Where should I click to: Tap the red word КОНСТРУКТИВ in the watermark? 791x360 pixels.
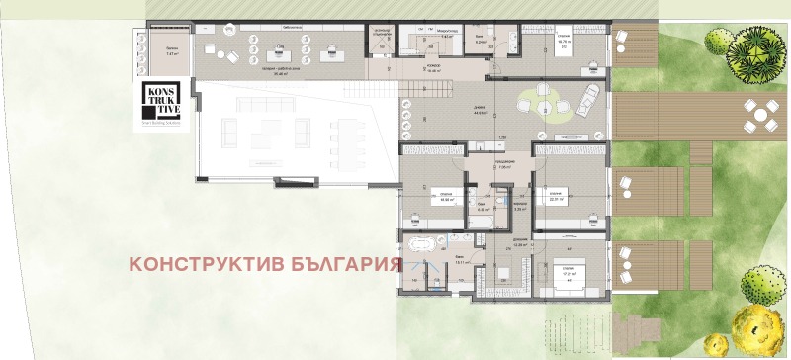(202, 264)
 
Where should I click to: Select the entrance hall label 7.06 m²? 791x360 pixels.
(502, 166)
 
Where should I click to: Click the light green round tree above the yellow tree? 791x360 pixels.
(761, 286)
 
